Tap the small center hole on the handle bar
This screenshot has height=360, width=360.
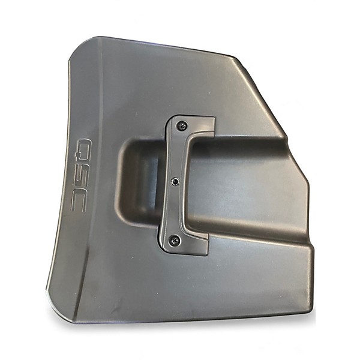[x=175, y=182]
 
